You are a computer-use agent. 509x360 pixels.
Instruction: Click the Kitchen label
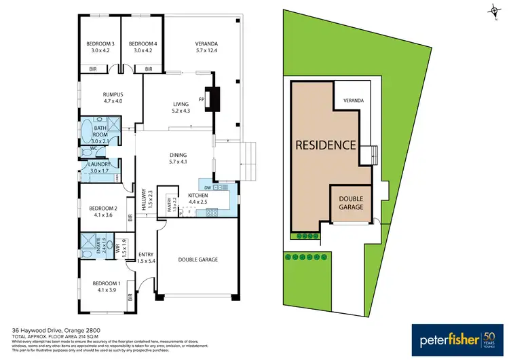pos(197,195)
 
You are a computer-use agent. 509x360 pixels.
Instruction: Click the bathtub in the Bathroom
pos(87,130)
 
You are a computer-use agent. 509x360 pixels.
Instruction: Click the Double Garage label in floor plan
pos(197,259)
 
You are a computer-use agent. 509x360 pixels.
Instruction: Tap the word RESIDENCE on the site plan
pos(325,145)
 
